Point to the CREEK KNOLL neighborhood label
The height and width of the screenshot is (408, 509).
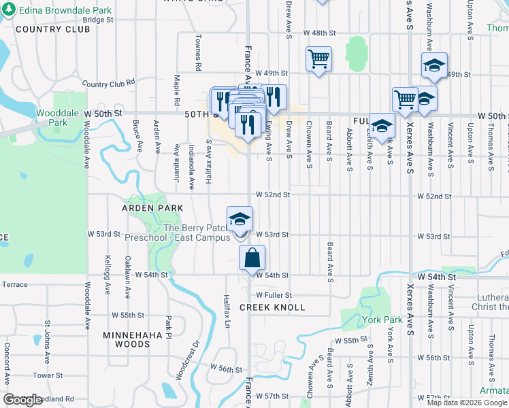coord(272,308)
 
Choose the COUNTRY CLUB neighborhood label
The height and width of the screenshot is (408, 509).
coord(52,29)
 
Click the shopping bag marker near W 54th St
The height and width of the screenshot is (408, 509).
coord(252,259)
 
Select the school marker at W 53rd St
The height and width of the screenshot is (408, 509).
coord(240,219)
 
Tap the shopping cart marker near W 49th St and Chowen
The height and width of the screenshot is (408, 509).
coord(318,59)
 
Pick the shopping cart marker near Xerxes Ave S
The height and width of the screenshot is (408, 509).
coord(405,99)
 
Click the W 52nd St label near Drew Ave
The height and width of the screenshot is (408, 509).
coord(273,195)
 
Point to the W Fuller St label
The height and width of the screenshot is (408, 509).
coord(274,295)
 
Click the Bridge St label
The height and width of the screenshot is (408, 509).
coord(99,20)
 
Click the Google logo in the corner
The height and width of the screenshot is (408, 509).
coord(22,400)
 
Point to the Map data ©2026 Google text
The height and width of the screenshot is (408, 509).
coord(466,403)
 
